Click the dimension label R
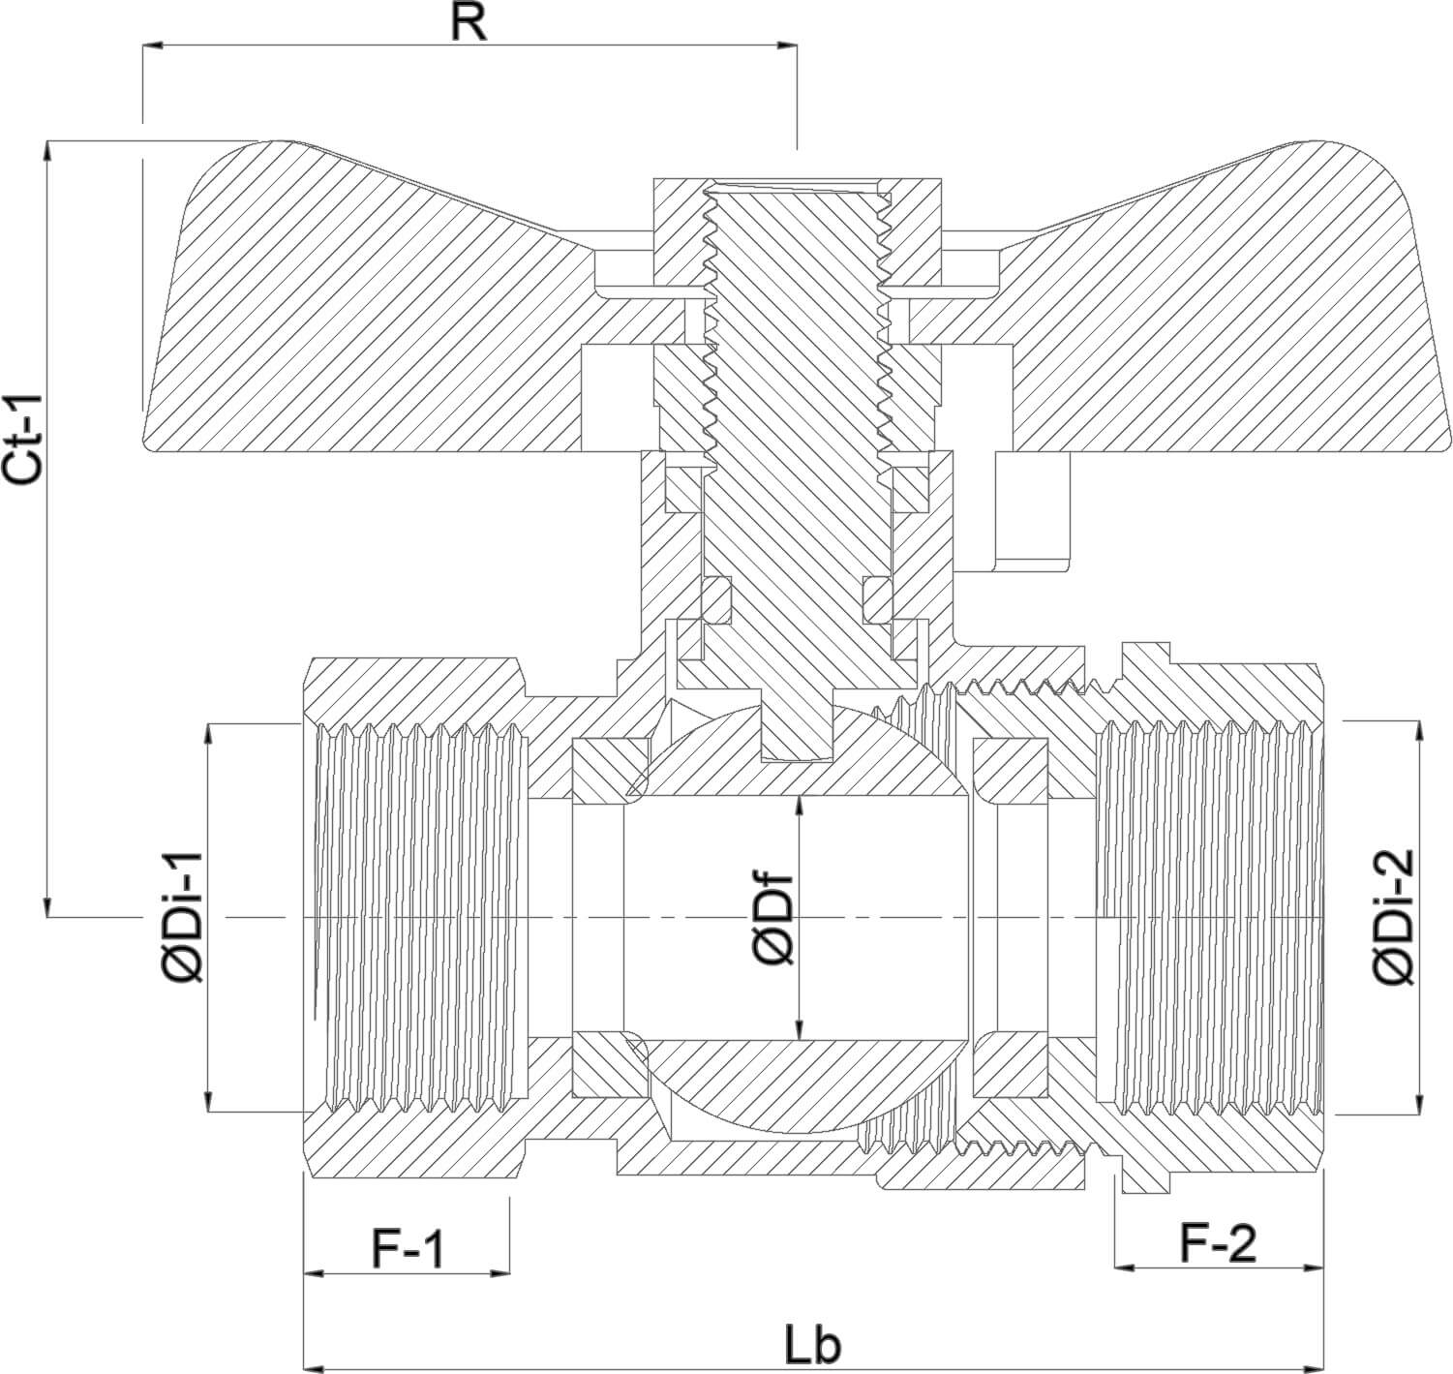[x=469, y=23]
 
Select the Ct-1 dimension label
[x=22, y=440]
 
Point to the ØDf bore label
[x=774, y=920]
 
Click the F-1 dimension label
[x=408, y=1249]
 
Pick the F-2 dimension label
[x=1217, y=1243]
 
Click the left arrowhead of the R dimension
[x=152, y=46]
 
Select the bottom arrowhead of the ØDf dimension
[x=799, y=1030]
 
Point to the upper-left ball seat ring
[x=611, y=770]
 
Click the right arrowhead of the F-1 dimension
[x=500, y=1273]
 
